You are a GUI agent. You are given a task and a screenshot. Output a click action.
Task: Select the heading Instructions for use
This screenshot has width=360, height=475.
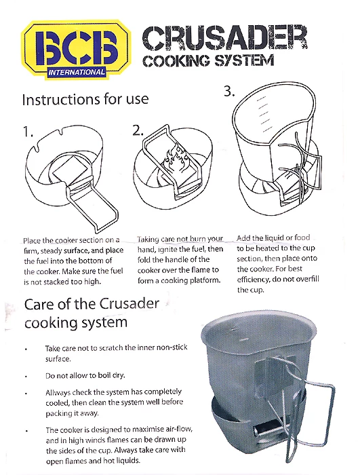85,99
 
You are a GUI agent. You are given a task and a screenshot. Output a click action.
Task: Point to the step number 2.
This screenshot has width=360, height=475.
138,132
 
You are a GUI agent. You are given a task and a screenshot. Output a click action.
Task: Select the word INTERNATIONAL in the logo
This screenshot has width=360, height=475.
77,71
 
